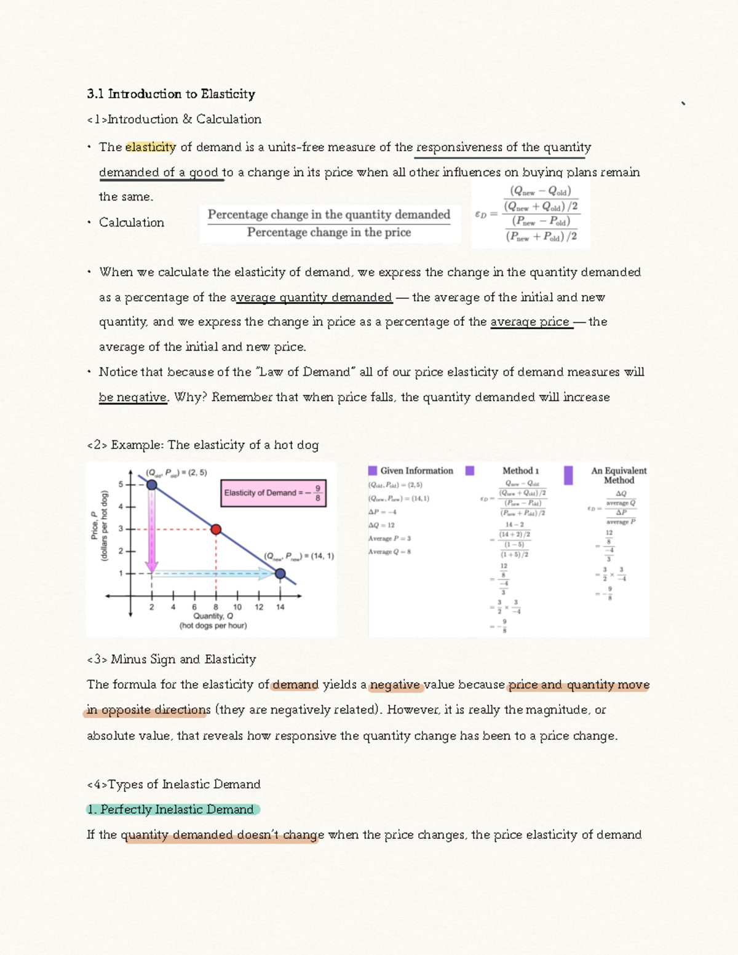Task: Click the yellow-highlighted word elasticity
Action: tap(150, 147)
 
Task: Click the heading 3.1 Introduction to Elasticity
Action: tap(171, 94)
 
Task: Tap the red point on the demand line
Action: tap(216, 529)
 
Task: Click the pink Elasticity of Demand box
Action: tap(273, 493)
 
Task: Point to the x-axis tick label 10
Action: tap(237, 607)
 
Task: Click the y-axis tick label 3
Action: tap(121, 529)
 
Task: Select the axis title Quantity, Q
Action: tap(213, 616)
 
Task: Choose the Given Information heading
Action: tap(416, 471)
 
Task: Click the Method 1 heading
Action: tap(520, 470)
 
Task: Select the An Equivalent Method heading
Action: tap(619, 475)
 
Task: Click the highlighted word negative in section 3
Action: tap(394, 685)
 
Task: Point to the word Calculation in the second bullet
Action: tap(132, 223)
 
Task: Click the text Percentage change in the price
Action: tap(329, 232)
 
